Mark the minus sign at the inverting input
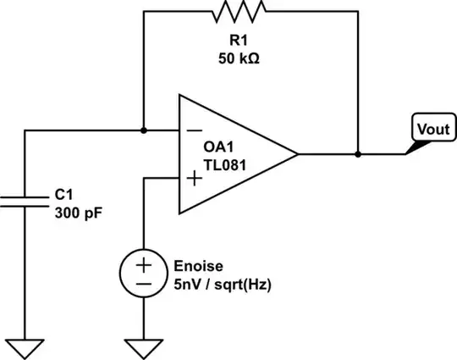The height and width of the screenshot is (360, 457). tap(194, 131)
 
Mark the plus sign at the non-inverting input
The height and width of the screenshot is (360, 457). tap(194, 178)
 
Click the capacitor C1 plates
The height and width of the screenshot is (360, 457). tap(25, 199)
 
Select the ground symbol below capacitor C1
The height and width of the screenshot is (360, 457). tap(25, 347)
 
